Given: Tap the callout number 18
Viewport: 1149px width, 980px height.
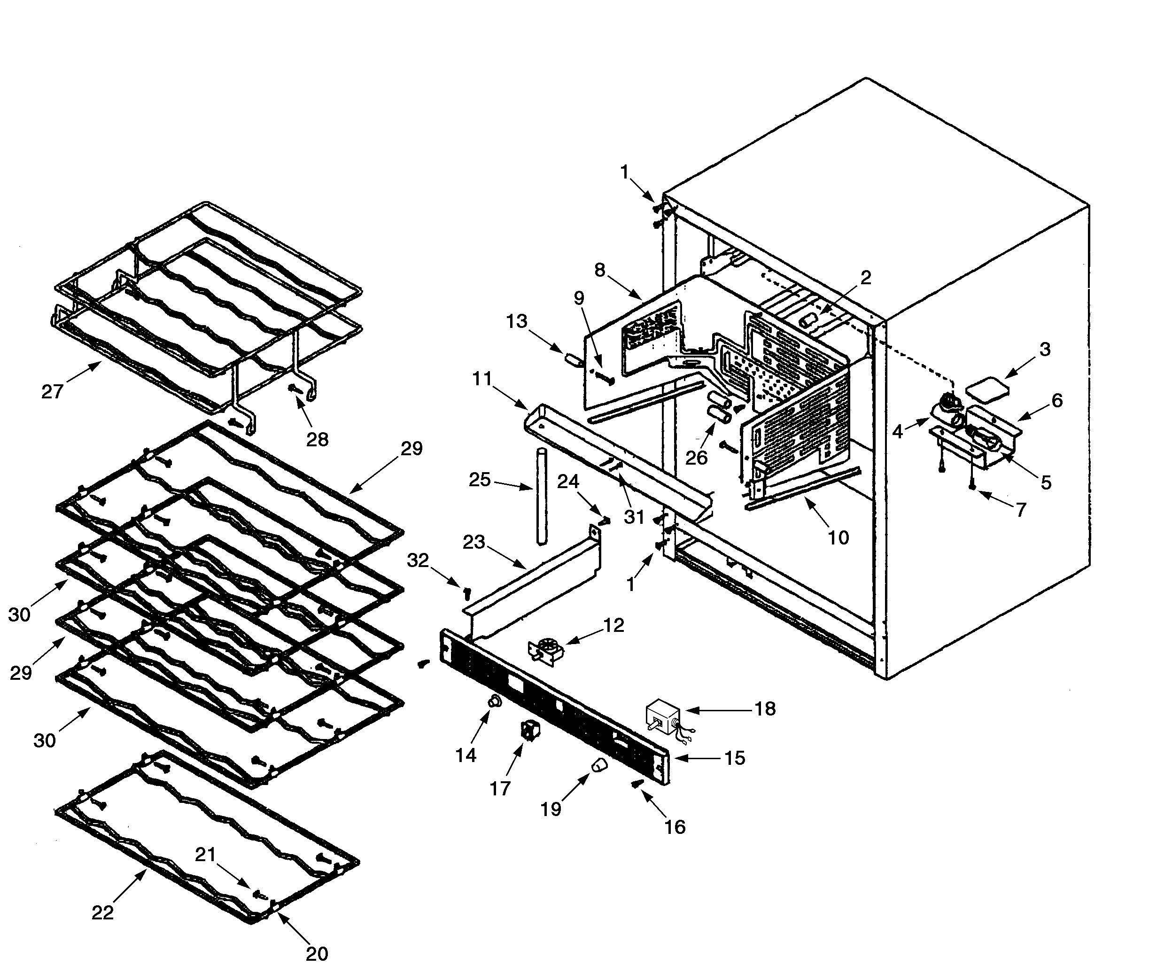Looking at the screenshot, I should click(765, 708).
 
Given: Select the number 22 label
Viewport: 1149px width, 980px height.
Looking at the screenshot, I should click(102, 912).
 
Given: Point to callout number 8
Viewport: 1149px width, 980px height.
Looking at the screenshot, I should click(599, 270).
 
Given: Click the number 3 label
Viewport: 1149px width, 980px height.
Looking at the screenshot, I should click(1044, 350).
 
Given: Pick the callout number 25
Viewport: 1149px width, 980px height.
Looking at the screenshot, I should click(480, 479).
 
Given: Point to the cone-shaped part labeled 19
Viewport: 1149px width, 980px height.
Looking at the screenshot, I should click(598, 766).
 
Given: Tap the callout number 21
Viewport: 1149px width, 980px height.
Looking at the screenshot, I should click(205, 855).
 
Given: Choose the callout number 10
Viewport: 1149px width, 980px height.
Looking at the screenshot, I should click(838, 537).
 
